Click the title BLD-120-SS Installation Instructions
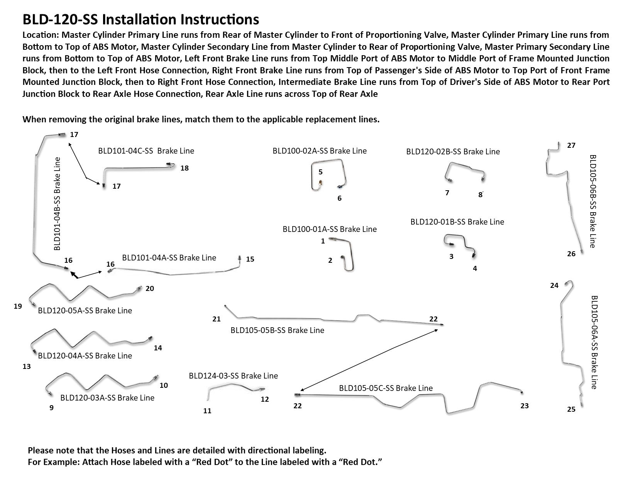[141, 19]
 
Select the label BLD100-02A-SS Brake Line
[319, 151]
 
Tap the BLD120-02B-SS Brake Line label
[453, 152]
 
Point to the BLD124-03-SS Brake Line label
[233, 376]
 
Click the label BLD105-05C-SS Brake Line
[386, 388]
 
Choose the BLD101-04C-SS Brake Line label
[146, 151]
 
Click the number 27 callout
[571, 145]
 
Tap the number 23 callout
[524, 406]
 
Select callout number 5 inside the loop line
[320, 172]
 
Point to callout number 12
[264, 400]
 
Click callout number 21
[216, 319]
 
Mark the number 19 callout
[18, 306]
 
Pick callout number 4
[475, 269]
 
